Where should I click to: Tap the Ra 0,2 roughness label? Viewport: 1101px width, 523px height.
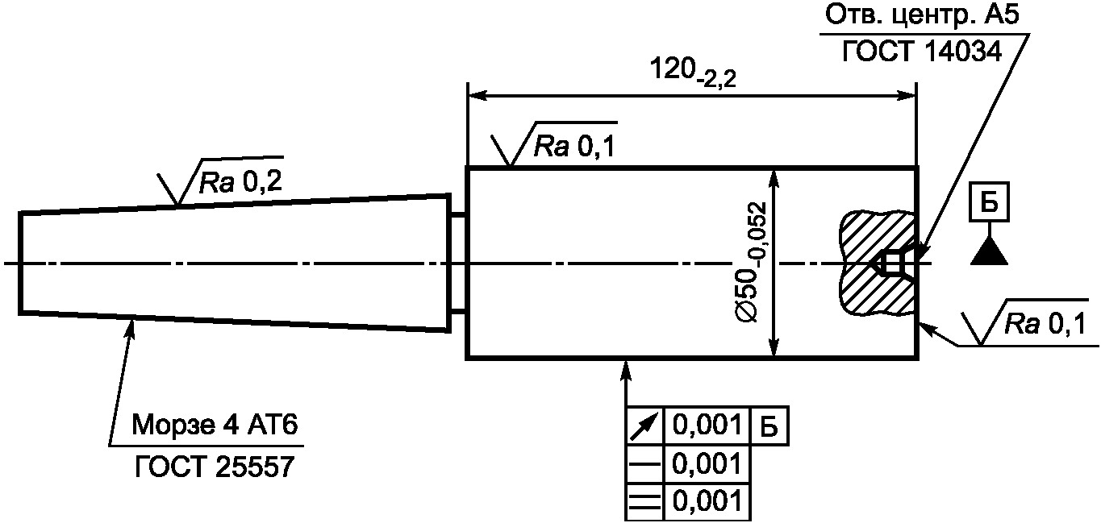[x=240, y=182]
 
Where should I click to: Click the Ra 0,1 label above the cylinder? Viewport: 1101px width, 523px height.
[x=574, y=146]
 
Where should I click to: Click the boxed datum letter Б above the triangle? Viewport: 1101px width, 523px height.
[x=989, y=201]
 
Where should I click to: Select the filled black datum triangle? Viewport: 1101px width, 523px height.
[x=989, y=251]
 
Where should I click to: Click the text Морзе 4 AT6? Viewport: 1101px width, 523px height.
[x=215, y=425]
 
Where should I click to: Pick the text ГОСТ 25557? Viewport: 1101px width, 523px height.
[x=215, y=467]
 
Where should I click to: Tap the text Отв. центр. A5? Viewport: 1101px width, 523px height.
[x=922, y=16]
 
